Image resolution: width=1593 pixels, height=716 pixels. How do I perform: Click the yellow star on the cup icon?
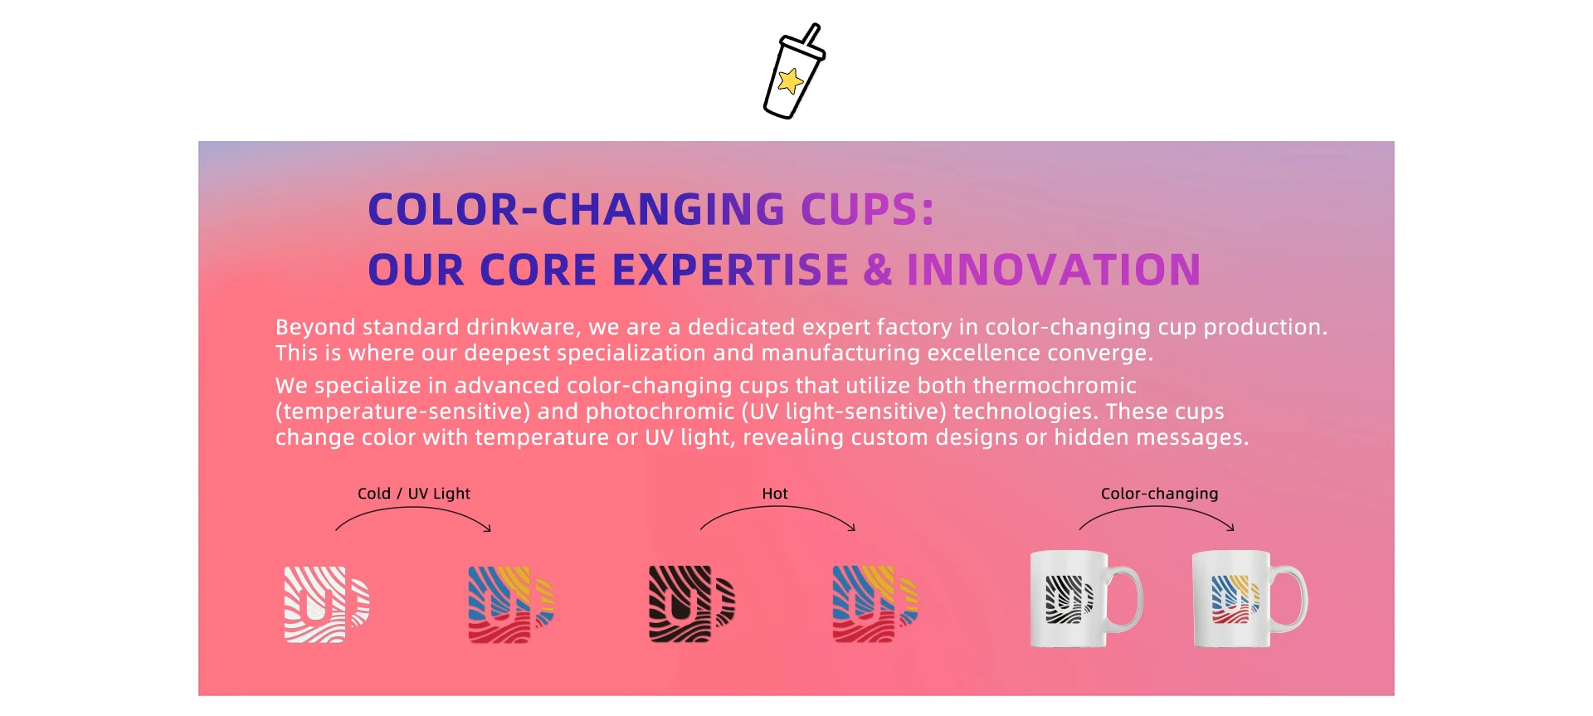791,81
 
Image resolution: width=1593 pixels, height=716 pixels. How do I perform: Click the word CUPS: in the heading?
867,209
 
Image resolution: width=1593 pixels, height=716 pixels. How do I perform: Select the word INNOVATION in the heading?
1054,270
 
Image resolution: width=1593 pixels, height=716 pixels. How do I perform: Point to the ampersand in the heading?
878,270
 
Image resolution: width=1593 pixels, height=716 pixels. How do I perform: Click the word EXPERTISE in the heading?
730,270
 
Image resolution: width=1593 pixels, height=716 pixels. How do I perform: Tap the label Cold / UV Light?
414,494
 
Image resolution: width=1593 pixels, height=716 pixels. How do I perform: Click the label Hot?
775,494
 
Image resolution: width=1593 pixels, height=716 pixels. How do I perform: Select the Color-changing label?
1159,494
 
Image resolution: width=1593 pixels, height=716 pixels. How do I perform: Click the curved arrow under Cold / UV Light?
413,509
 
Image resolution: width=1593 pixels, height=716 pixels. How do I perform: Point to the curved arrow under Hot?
778,508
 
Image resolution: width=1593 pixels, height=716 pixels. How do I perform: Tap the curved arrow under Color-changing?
1157,508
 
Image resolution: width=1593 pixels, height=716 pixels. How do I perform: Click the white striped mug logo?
326,605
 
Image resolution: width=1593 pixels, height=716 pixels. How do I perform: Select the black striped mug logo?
691,604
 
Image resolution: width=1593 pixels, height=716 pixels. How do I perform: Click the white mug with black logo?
1085,598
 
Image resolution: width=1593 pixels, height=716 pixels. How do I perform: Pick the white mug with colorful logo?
1249,598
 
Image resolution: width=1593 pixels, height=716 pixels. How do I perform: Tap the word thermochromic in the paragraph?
1054,386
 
